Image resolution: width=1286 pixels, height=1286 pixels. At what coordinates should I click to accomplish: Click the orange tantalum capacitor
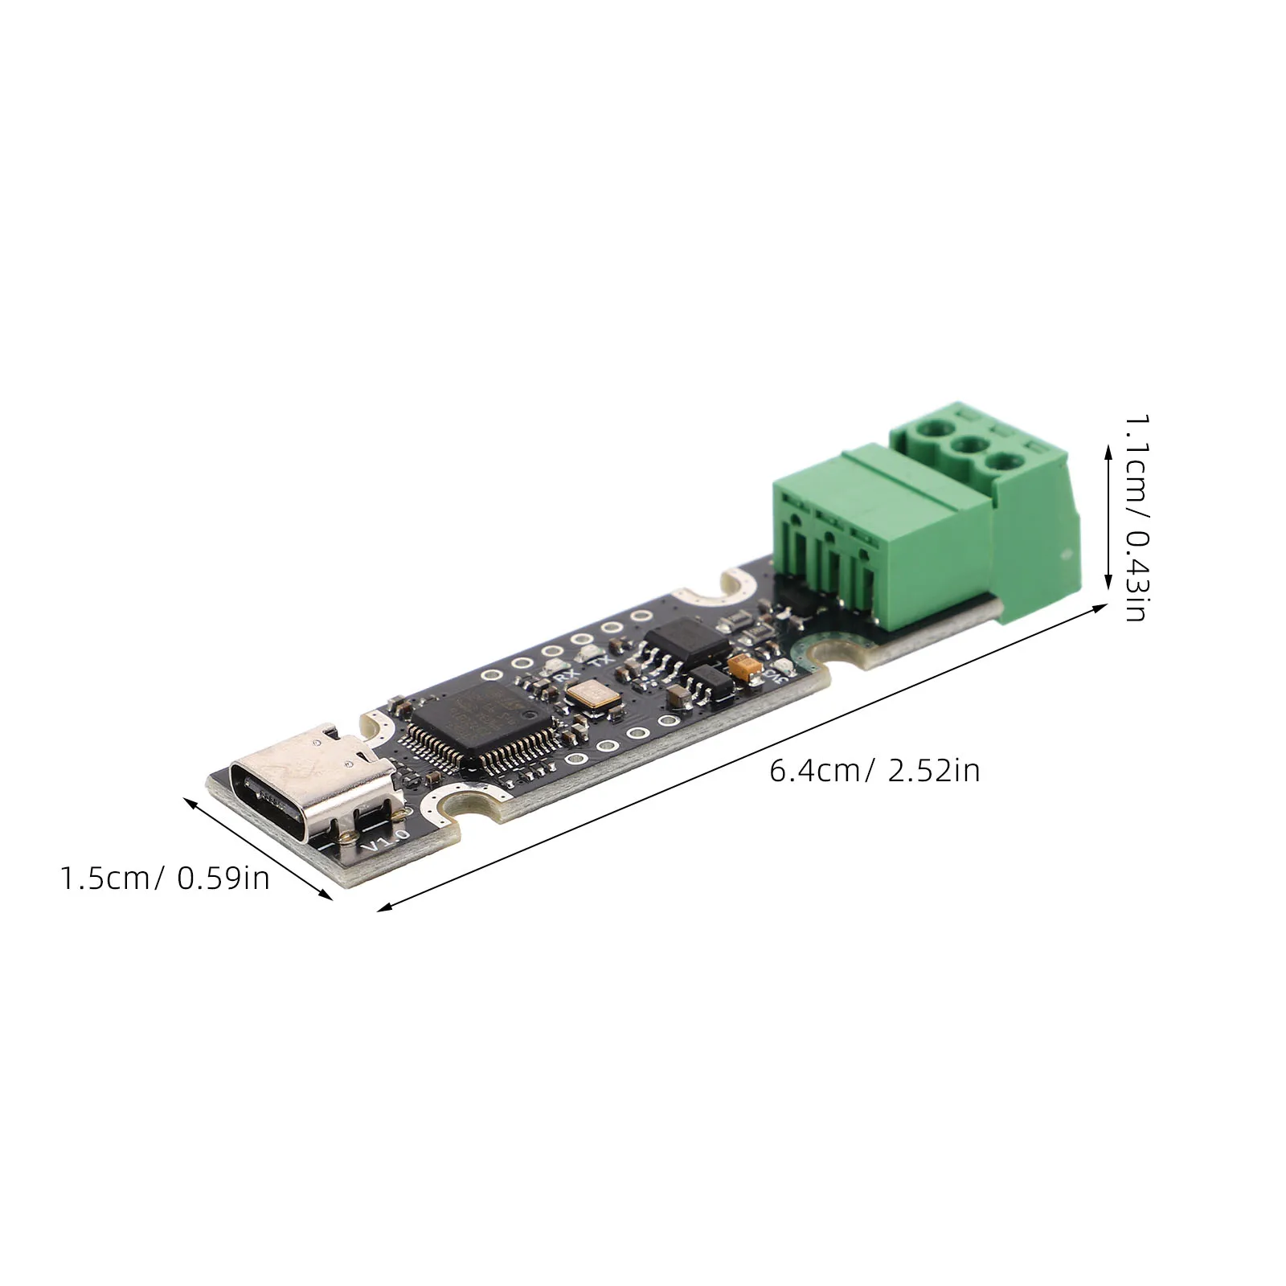coord(744,666)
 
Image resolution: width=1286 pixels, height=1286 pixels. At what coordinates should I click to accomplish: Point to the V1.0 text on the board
coord(387,841)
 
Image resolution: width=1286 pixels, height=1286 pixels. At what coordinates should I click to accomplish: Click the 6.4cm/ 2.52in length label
coord(874,771)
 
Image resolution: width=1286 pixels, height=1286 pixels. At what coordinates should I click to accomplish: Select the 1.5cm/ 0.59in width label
coord(165,878)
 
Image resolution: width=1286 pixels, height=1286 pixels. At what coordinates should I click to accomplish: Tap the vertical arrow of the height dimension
coord(1109,519)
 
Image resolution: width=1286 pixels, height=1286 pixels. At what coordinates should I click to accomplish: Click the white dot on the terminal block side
coord(1067,554)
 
